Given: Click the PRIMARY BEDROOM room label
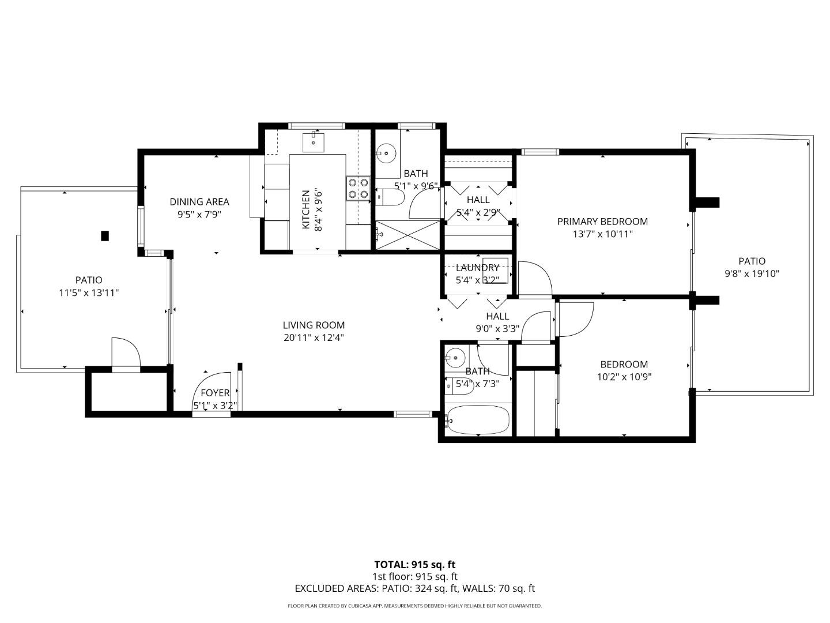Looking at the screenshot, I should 602,222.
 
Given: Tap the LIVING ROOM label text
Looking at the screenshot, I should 314,325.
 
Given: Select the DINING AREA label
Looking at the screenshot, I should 199,202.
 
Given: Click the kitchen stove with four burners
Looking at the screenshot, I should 358,189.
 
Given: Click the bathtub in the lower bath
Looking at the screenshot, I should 478,420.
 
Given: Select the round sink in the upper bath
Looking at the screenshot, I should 386,153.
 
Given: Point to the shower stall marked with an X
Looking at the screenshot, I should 407,235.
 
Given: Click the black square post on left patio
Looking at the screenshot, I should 105,235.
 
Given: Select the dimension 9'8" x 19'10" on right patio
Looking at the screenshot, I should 752,274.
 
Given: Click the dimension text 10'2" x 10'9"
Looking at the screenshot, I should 624,377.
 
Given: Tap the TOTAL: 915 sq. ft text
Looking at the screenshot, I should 414,565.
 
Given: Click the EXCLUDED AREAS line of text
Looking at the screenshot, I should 414,588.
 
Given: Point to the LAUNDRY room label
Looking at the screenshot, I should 477,268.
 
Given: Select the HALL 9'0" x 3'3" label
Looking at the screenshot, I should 497,322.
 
